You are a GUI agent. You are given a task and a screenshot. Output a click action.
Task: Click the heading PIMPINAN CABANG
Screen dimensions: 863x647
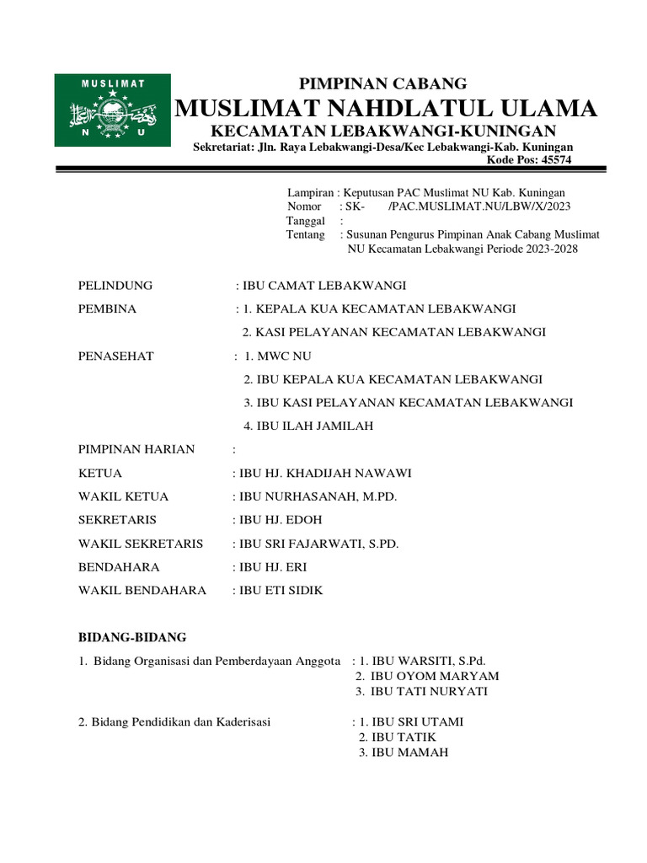coord(383,83)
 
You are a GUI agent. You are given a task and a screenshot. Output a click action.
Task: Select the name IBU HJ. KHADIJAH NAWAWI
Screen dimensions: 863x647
coord(327,473)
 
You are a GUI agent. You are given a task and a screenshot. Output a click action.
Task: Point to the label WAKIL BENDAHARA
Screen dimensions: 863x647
coord(142,591)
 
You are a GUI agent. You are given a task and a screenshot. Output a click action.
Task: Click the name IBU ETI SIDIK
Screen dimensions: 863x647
coord(281,591)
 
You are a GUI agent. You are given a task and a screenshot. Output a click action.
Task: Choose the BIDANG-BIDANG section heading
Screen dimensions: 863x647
coord(132,636)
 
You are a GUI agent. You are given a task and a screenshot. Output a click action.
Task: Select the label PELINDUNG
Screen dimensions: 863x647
coord(115,286)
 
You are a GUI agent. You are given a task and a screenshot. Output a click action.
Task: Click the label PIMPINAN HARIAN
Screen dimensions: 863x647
coord(136,449)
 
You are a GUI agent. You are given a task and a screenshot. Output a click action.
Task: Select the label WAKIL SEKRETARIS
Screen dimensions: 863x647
coord(141,544)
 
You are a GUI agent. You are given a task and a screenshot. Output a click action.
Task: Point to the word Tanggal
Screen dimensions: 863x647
coord(306,221)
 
